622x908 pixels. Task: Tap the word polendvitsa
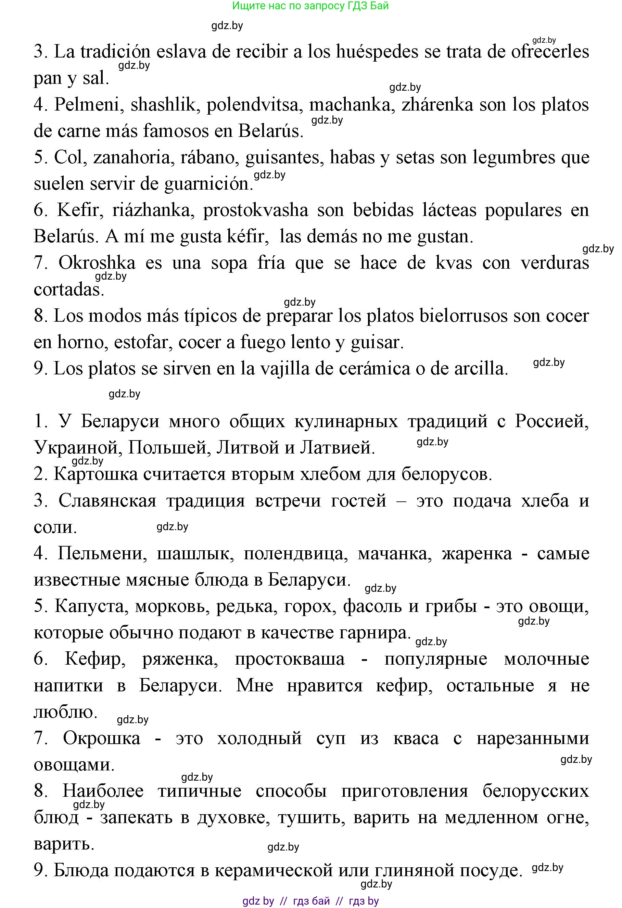[x=253, y=105]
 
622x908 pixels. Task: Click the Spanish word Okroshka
[x=97, y=263]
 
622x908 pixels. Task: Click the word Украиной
[x=76, y=448]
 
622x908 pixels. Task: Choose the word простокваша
[x=290, y=659]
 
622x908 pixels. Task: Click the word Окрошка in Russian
[x=102, y=738]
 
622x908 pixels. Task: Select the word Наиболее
[x=103, y=791]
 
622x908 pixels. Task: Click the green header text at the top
[x=310, y=6]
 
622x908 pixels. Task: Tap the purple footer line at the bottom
[x=310, y=900]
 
